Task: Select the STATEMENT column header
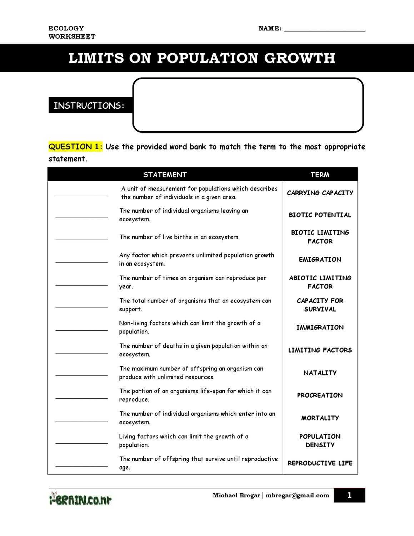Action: pyautogui.click(x=165, y=175)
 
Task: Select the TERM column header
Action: pyautogui.click(x=320, y=175)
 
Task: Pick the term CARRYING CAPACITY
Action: pyautogui.click(x=320, y=193)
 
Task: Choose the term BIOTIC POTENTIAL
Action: pyautogui.click(x=320, y=215)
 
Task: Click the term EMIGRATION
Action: pyautogui.click(x=320, y=260)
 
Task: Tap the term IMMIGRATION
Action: pyautogui.click(x=320, y=328)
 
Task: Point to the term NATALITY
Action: pyautogui.click(x=320, y=373)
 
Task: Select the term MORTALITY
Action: pyautogui.click(x=320, y=418)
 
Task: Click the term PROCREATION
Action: pyautogui.click(x=320, y=395)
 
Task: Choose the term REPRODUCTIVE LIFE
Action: pyautogui.click(x=320, y=463)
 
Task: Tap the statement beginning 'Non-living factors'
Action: pyautogui.click(x=190, y=327)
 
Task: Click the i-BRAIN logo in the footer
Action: pyautogui.click(x=80, y=498)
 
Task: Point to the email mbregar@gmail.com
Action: pyautogui.click(x=297, y=496)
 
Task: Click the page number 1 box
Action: pyautogui.click(x=349, y=496)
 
